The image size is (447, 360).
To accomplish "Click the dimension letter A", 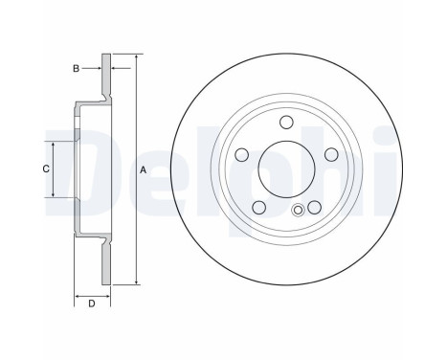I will tap(143, 169).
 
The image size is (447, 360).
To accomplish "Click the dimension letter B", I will tap(76, 68).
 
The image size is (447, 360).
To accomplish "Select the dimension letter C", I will tap(45, 169).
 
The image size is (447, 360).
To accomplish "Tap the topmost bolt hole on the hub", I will tap(284, 122).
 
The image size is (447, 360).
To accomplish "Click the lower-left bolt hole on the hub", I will tap(257, 207).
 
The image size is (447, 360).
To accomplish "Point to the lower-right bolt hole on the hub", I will tap(312, 207).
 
